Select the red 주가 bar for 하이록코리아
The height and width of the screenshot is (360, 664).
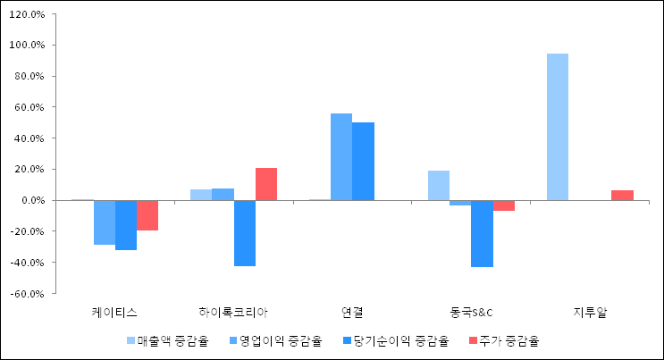tap(266, 184)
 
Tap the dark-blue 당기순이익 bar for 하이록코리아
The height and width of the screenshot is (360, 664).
tap(244, 233)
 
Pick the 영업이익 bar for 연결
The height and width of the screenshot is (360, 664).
tap(341, 156)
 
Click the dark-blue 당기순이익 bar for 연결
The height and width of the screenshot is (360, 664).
tap(363, 161)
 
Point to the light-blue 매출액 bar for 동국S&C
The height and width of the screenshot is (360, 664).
tap(439, 185)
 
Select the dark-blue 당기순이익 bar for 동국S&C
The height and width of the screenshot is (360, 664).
tap(482, 233)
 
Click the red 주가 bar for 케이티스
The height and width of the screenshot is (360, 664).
tap(147, 215)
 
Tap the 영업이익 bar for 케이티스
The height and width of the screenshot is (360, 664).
tap(105, 222)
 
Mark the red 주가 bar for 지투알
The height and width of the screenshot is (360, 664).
tap(622, 195)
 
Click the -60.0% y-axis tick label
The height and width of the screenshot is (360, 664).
tap(30, 293)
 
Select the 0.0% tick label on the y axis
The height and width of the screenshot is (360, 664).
tap(35, 200)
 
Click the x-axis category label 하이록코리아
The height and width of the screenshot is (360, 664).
tap(233, 312)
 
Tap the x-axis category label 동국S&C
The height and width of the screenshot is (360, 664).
tap(471, 312)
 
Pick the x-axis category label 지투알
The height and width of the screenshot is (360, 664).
tap(589, 312)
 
